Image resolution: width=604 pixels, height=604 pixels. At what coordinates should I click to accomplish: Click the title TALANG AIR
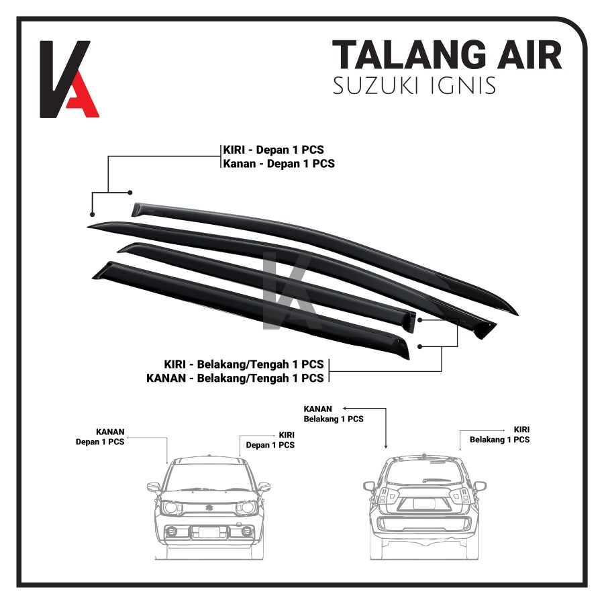pyautogui.click(x=446, y=55)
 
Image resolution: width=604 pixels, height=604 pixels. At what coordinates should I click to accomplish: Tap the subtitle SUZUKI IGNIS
pyautogui.click(x=415, y=87)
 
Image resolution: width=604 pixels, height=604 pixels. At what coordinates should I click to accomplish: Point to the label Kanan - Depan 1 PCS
pyautogui.click(x=279, y=163)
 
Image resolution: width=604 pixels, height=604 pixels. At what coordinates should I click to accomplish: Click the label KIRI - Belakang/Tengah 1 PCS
pyautogui.click(x=244, y=364)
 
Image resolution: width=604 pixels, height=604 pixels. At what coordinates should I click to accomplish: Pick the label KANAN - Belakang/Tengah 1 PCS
pyautogui.click(x=235, y=378)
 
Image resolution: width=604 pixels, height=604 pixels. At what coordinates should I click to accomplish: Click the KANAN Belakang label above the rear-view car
pyautogui.click(x=334, y=413)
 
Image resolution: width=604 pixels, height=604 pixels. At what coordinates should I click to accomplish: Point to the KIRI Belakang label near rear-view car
pyautogui.click(x=499, y=434)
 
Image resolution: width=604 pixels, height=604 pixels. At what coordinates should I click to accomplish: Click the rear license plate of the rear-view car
pyautogui.click(x=423, y=503)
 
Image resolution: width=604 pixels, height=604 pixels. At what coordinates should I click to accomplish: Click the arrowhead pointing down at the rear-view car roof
pyautogui.click(x=386, y=446)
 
